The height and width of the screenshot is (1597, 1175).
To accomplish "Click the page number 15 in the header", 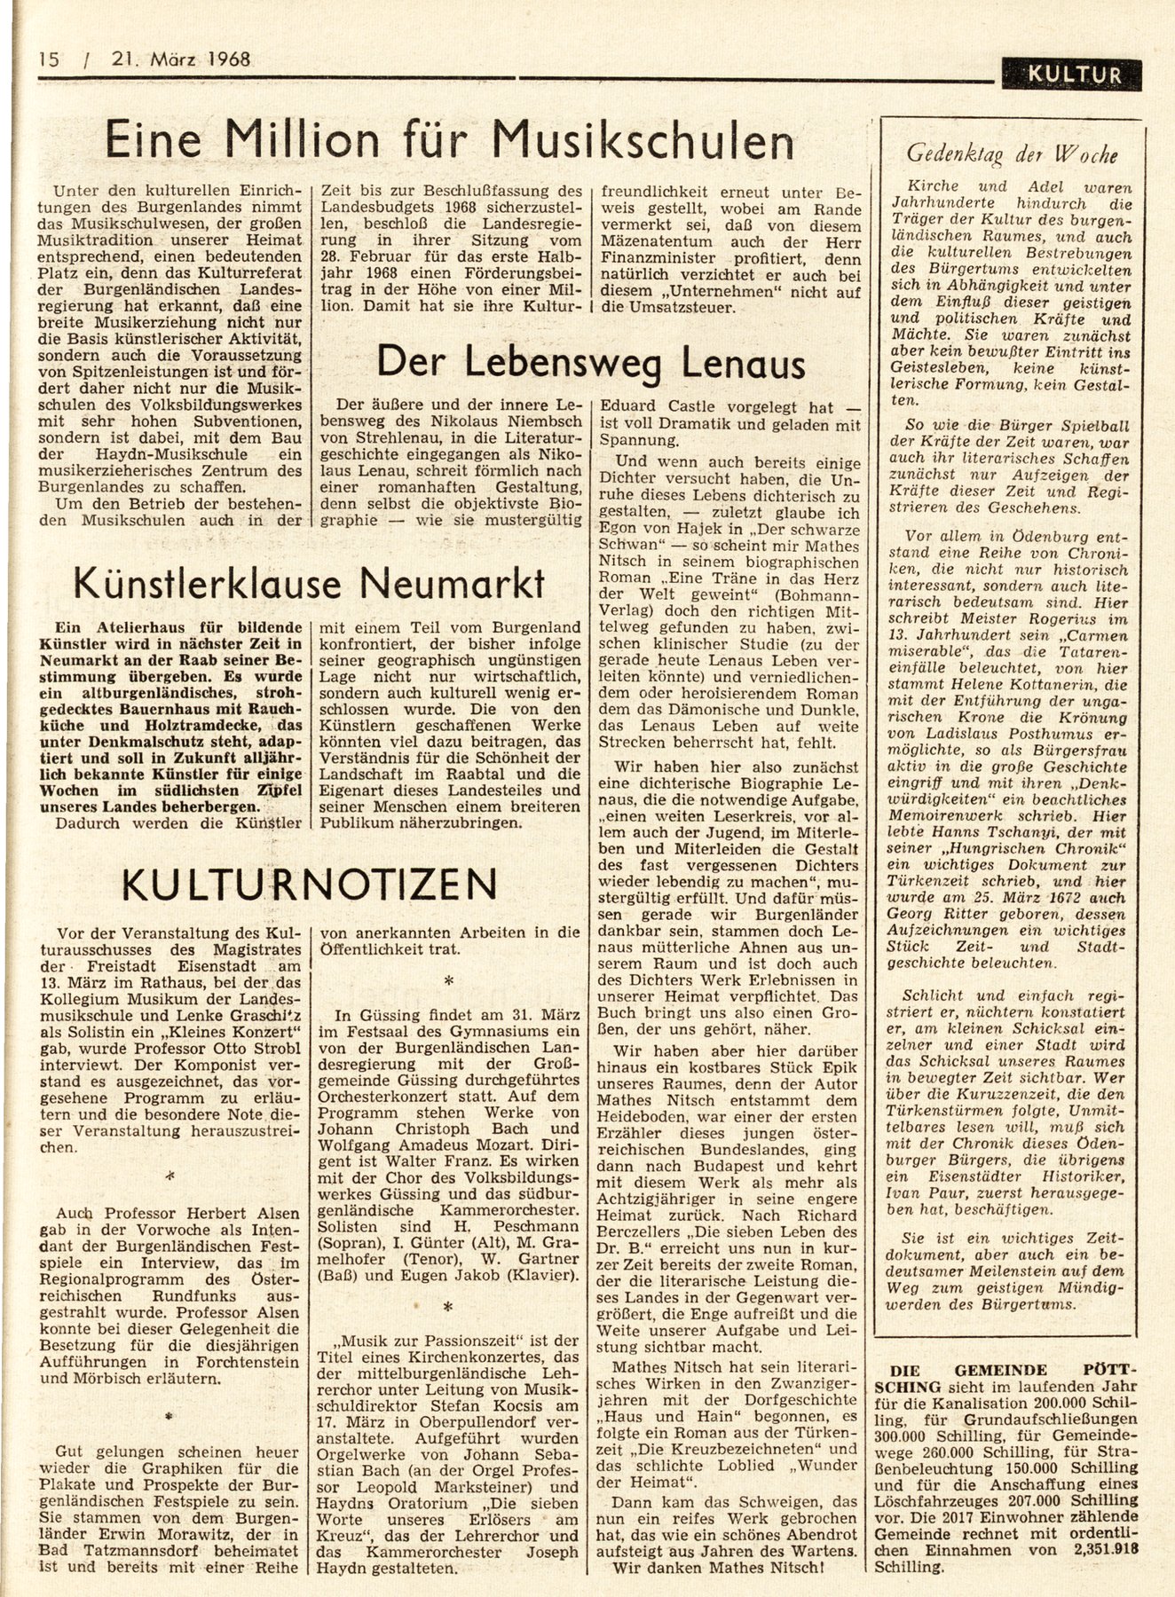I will coord(49,60).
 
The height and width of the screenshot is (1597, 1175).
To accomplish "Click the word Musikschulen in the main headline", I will coord(643,141).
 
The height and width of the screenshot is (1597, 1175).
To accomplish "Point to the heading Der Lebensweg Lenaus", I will coord(591,362).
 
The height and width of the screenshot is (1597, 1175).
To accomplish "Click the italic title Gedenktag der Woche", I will coord(1011,154).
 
